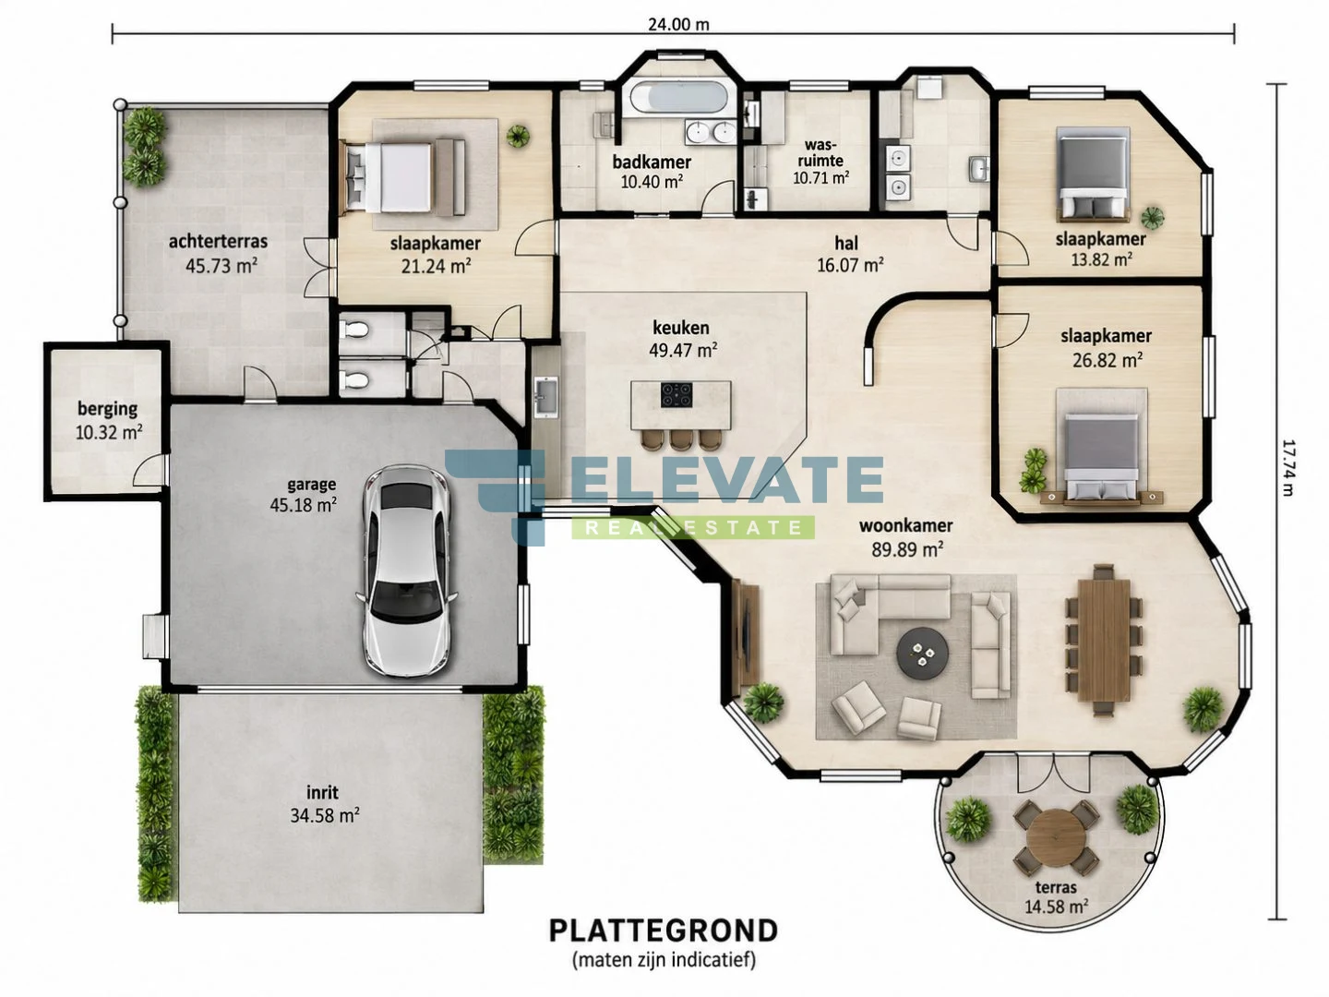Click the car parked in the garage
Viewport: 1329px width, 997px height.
[x=407, y=571]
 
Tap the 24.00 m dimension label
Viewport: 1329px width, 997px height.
[x=678, y=24]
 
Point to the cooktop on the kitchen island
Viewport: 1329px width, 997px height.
[x=676, y=395]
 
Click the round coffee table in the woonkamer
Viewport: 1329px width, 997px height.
[x=922, y=654]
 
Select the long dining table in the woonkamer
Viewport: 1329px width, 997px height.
[x=1104, y=641]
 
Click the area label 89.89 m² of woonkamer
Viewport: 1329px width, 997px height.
[x=906, y=549]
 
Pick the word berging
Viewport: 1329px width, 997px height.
[x=107, y=409]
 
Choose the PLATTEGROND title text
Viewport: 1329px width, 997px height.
[x=664, y=931]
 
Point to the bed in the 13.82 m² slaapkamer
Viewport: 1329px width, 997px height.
[x=1094, y=173]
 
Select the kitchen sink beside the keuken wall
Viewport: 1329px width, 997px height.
[x=546, y=397]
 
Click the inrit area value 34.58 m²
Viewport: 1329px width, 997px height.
[x=325, y=816]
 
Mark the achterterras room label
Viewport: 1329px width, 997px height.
[x=218, y=242]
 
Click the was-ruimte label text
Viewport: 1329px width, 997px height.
[x=820, y=153]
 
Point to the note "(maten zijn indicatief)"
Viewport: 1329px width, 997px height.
[x=664, y=960]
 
